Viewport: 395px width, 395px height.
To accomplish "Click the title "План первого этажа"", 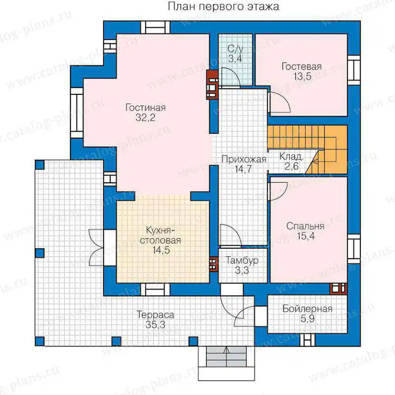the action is click(224, 7).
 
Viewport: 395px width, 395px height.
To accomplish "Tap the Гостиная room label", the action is click(146, 108).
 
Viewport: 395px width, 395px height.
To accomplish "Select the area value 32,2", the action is click(146, 118).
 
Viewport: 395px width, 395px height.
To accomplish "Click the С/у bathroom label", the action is click(236, 49).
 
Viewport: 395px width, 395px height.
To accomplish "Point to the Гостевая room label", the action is click(302, 67).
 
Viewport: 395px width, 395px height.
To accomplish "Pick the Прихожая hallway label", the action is click(244, 159).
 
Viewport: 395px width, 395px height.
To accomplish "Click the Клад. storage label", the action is click(291, 157).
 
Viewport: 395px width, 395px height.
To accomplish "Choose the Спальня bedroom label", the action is click(305, 226).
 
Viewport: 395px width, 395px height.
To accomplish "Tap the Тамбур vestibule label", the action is click(242, 261).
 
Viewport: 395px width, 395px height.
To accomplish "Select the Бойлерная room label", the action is click(307, 309).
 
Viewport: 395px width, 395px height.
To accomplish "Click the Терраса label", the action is click(155, 315).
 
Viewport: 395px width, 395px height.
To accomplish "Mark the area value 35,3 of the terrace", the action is click(156, 325).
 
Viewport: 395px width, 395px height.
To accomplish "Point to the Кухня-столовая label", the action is click(160, 236).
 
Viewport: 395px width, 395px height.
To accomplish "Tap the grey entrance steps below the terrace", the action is click(226, 356).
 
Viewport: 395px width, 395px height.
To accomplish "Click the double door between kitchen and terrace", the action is click(96, 247).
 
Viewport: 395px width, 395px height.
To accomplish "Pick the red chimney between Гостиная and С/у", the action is click(212, 84).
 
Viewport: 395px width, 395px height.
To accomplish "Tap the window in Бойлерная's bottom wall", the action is click(307, 340).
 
